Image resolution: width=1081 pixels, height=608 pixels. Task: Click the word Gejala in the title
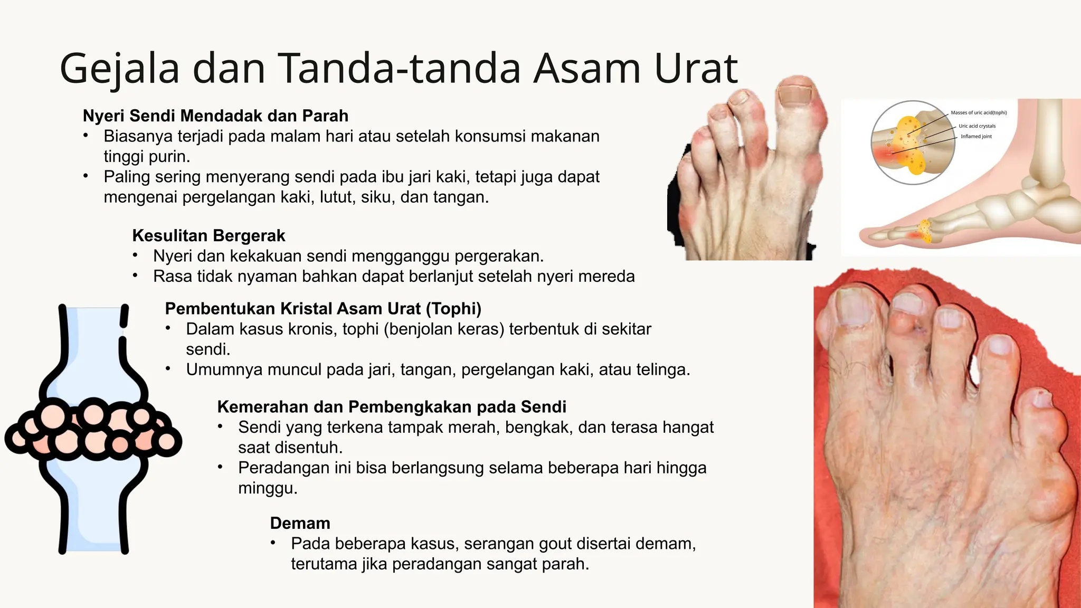pyautogui.click(x=119, y=69)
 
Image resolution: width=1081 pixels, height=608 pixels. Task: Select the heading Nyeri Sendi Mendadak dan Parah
pyautogui.click(x=215, y=116)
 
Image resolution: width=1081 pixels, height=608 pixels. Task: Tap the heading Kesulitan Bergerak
pyautogui.click(x=208, y=235)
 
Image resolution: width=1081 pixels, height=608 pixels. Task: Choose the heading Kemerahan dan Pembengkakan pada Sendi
pyautogui.click(x=392, y=407)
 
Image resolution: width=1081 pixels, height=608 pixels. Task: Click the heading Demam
pyautogui.click(x=300, y=523)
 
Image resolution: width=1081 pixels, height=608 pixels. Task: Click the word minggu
pyautogui.click(x=267, y=488)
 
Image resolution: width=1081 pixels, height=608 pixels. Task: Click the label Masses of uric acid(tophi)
pyautogui.click(x=979, y=112)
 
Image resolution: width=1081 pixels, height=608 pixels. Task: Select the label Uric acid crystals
pyautogui.click(x=977, y=126)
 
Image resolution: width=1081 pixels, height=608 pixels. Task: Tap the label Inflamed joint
pyautogui.click(x=976, y=136)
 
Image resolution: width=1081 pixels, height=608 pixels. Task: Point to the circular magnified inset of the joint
pyautogui.click(x=912, y=142)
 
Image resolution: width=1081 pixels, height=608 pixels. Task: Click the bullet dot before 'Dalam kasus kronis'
pyautogui.click(x=168, y=328)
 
